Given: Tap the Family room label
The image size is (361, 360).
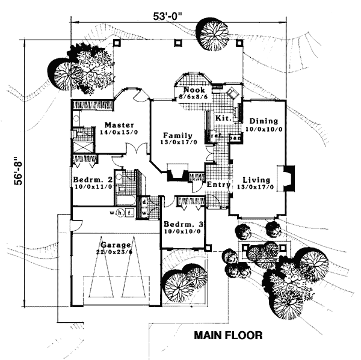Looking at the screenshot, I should coord(176,135).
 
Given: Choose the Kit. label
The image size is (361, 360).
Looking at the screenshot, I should coord(223,118).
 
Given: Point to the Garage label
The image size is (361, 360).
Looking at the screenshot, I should coord(115,245).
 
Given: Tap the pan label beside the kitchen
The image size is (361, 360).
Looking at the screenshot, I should coord(235,137).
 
